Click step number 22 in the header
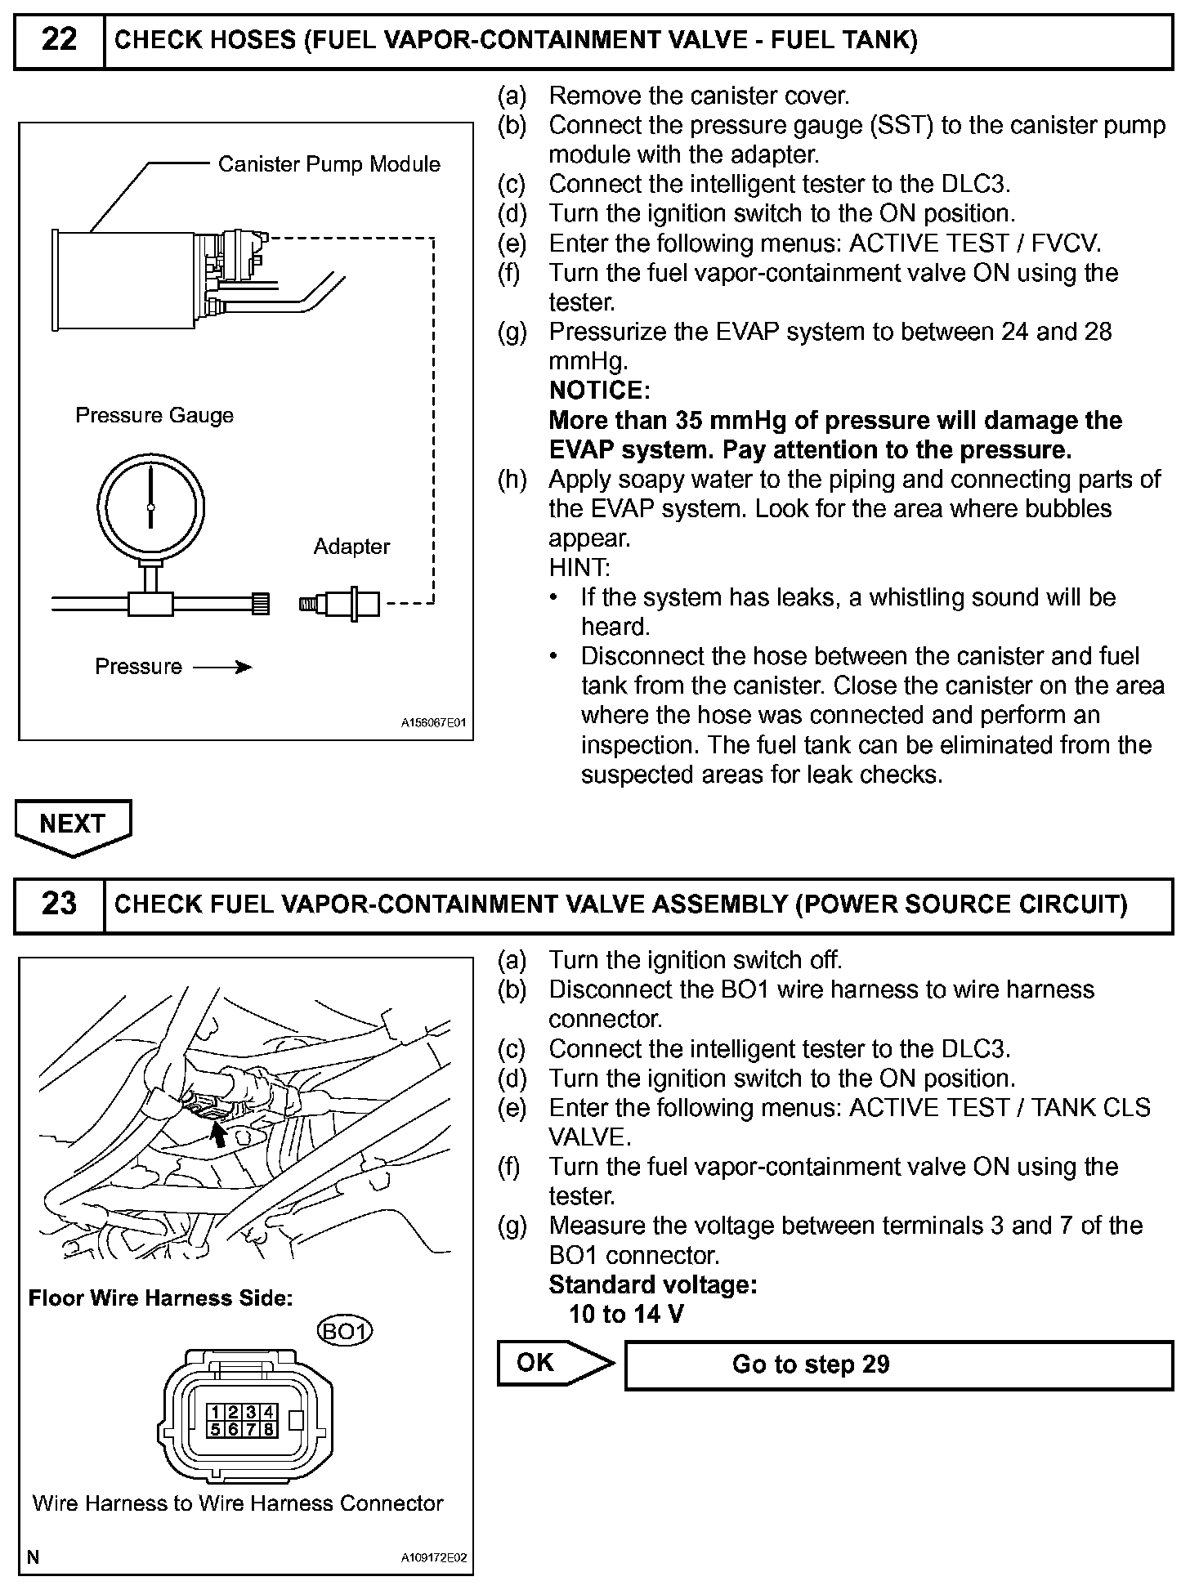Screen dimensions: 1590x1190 pyautogui.click(x=59, y=39)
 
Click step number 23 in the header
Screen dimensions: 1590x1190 pyautogui.click(x=59, y=904)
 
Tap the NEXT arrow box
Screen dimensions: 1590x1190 pyautogui.click(x=73, y=825)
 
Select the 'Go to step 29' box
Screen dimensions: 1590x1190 pyautogui.click(x=898, y=1364)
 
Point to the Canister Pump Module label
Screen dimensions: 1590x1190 pyautogui.click(x=329, y=164)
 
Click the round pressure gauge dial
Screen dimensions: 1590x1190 pyautogui.click(x=150, y=507)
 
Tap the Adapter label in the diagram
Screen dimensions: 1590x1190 pyautogui.click(x=351, y=547)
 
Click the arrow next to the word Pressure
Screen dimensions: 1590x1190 pyautogui.click(x=222, y=668)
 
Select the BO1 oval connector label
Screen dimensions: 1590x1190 pyautogui.click(x=344, y=1332)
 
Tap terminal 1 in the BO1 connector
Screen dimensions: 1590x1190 pyautogui.click(x=216, y=1411)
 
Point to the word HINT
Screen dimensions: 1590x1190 pyautogui.click(x=579, y=568)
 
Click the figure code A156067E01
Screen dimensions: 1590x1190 pyautogui.click(x=433, y=723)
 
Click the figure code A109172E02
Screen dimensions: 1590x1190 pyautogui.click(x=433, y=1557)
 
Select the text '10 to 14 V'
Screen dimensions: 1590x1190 pyautogui.click(x=626, y=1314)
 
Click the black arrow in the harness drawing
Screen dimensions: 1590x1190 pyautogui.click(x=218, y=1134)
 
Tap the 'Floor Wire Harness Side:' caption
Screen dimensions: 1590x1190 pyautogui.click(x=160, y=1298)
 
